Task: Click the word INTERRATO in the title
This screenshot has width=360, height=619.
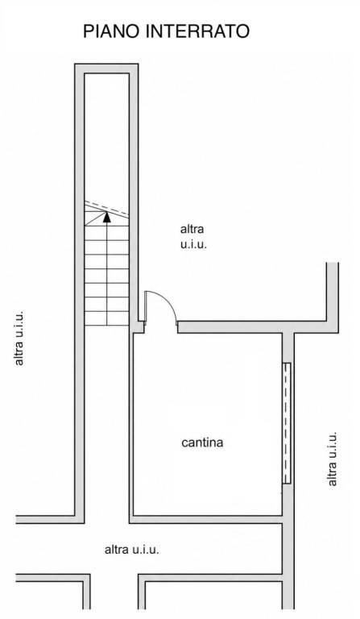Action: (x=197, y=31)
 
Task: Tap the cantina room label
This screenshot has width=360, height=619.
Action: (x=202, y=442)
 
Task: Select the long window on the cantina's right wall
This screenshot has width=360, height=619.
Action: (x=287, y=423)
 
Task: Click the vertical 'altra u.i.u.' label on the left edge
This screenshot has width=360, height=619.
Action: (x=19, y=338)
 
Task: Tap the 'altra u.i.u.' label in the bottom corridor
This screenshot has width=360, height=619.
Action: (x=132, y=550)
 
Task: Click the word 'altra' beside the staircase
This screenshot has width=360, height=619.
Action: (x=192, y=229)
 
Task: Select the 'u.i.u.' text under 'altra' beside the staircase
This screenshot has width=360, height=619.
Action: (x=193, y=244)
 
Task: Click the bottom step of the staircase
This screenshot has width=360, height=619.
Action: (x=107, y=318)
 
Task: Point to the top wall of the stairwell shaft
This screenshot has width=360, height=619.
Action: (x=106, y=69)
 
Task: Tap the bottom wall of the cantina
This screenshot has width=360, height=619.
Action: (x=206, y=520)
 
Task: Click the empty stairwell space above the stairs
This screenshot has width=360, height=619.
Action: (x=107, y=136)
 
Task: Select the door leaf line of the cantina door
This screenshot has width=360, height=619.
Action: (x=146, y=307)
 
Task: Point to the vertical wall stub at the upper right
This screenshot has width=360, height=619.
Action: (x=333, y=292)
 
